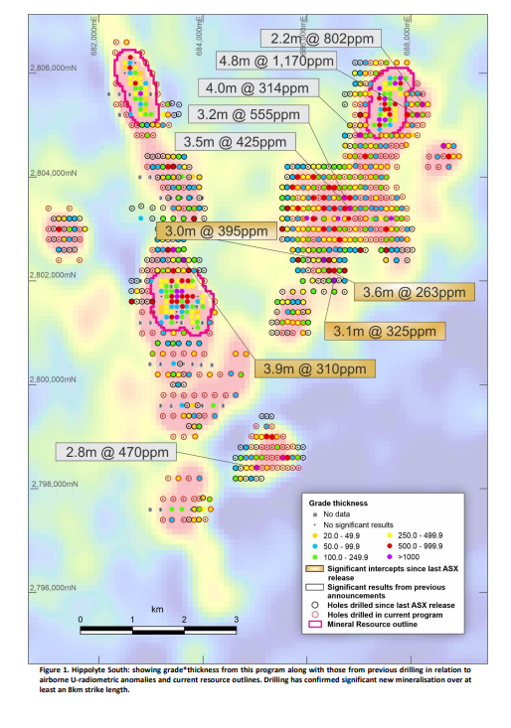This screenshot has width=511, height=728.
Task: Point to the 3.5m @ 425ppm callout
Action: (x=231, y=142)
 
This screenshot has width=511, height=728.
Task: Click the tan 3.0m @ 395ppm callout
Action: (x=214, y=230)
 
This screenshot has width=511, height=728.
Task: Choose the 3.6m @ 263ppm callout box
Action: (x=414, y=293)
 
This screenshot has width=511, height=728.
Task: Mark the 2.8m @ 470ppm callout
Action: (x=116, y=452)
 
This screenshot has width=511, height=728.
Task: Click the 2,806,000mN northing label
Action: (x=50, y=68)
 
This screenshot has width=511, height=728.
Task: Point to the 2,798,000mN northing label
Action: (x=50, y=485)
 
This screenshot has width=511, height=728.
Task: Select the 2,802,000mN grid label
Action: (x=50, y=275)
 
